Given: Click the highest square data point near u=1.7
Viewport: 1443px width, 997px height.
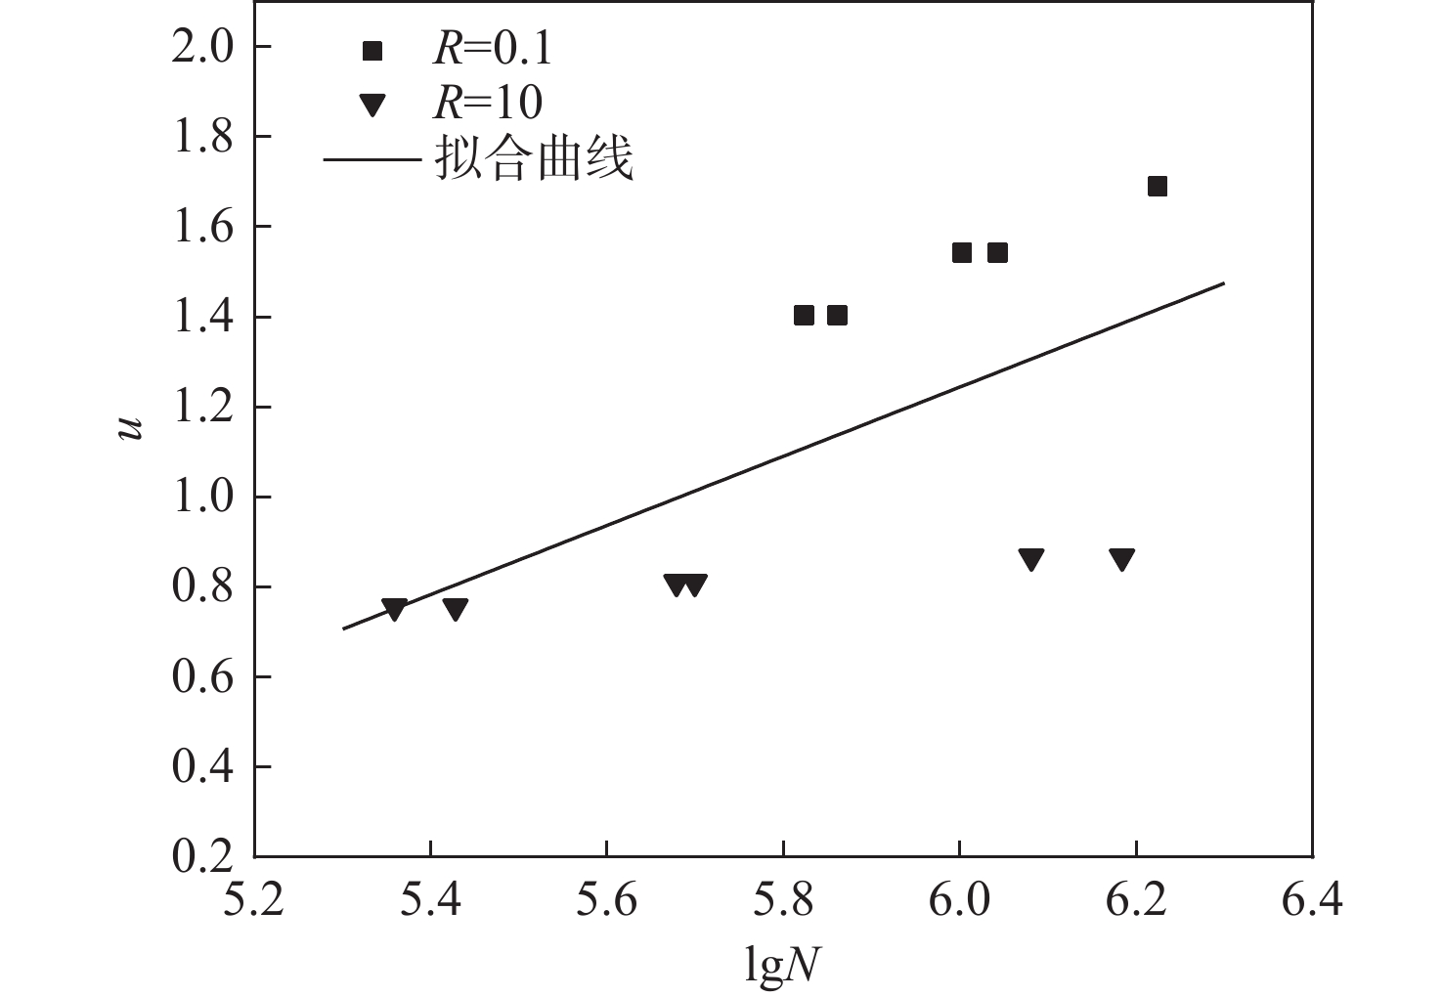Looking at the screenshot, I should tap(1157, 187).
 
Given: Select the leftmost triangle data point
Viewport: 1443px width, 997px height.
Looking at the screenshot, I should tap(394, 609).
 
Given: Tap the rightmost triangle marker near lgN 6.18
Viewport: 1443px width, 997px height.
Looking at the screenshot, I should tap(1121, 560).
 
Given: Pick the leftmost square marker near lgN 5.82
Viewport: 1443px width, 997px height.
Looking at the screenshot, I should tap(804, 315).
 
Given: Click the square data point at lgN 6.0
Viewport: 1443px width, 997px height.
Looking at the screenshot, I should tap(962, 253).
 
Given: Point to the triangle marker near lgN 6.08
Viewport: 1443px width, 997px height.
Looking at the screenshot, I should tap(1031, 560).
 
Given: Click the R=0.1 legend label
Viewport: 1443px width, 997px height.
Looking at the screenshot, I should tap(492, 49).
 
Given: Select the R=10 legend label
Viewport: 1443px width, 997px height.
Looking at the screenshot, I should tap(487, 102).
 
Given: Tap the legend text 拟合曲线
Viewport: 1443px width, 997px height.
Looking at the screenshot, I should tap(534, 158).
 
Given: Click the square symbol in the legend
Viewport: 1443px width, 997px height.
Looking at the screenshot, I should tap(372, 51).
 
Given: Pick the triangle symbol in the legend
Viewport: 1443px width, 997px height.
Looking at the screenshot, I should tap(372, 104).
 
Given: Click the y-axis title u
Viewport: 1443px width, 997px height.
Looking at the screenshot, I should tap(131, 428).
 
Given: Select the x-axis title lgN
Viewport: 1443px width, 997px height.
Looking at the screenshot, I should tap(782, 965).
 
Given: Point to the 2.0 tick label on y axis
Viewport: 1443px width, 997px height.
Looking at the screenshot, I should tap(202, 47).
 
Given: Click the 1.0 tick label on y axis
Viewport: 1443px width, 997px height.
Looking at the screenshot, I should tap(202, 497).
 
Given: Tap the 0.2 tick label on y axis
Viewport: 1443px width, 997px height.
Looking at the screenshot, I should tap(202, 856).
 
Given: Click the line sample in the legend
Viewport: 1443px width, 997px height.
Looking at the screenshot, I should tap(372, 158).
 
